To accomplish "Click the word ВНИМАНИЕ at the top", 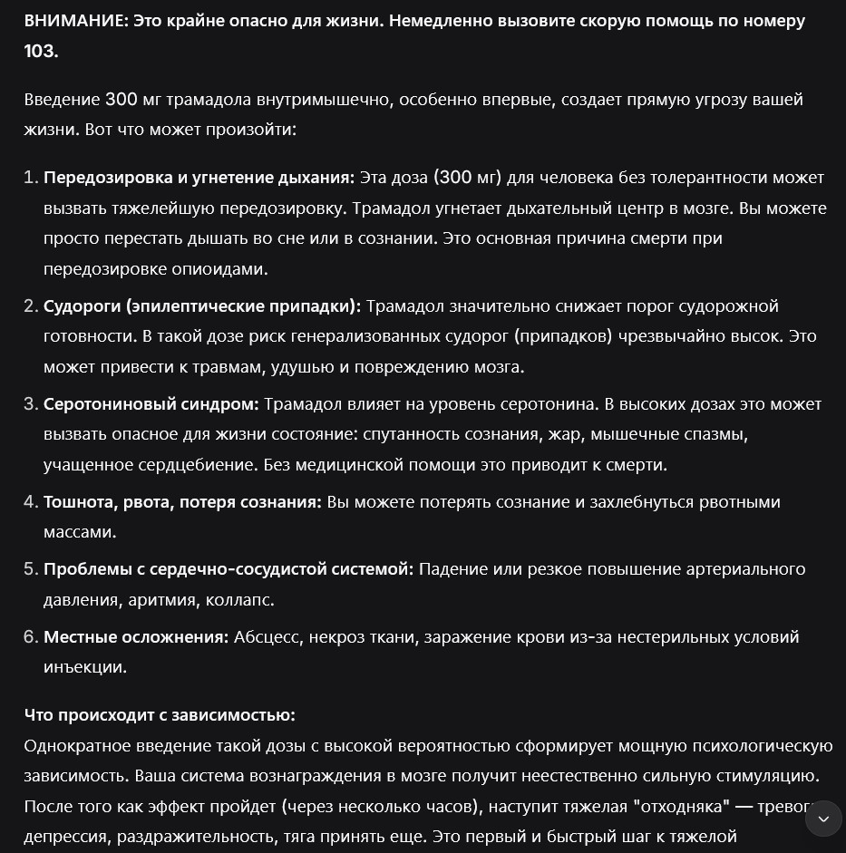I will click(x=75, y=21).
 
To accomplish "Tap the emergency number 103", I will click(x=41, y=52).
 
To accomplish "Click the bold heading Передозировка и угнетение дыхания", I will click(x=199, y=178).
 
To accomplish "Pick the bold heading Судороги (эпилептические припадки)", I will click(x=202, y=306).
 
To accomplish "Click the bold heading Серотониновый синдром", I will click(x=151, y=404).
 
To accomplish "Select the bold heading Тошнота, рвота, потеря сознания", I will click(x=182, y=502).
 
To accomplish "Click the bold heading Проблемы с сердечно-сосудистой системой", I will click(x=229, y=569).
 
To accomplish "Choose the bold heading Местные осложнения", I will click(x=136, y=637).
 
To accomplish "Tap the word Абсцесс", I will click(x=267, y=637).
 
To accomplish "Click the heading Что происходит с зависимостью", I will click(x=160, y=716).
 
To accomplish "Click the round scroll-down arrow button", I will click(x=823, y=819).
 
